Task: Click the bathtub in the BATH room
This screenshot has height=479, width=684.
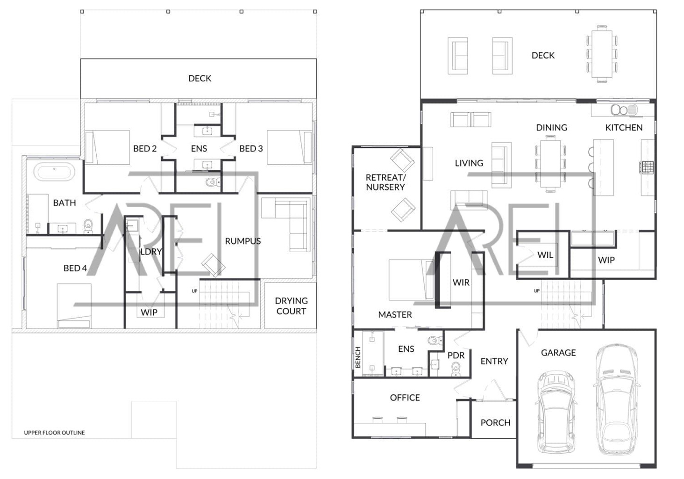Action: [x=54, y=172]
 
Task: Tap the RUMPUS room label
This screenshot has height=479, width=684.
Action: [x=243, y=241]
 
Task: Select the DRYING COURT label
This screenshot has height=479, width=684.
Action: [x=291, y=306]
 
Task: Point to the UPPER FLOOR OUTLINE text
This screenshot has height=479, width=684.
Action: [x=54, y=433]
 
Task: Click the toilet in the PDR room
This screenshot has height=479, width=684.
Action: [x=456, y=368]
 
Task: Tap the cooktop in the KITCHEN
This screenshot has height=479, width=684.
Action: [x=647, y=167]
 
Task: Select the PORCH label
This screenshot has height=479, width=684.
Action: [x=495, y=423]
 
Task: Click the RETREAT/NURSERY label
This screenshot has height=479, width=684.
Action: [x=385, y=182]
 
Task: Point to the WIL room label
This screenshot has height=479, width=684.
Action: [x=545, y=255]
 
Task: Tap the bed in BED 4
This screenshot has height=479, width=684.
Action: [x=74, y=306]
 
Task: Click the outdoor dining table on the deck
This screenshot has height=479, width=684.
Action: [x=602, y=54]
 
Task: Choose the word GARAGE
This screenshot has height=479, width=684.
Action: [x=558, y=353]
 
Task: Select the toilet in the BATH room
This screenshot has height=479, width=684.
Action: [x=88, y=226]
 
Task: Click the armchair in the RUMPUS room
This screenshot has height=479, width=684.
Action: [x=213, y=265]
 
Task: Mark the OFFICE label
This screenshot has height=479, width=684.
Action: [x=405, y=398]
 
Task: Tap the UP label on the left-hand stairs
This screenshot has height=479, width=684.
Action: [x=194, y=291]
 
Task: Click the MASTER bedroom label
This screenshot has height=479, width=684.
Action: [x=395, y=314]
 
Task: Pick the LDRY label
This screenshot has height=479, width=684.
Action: [x=151, y=252]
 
